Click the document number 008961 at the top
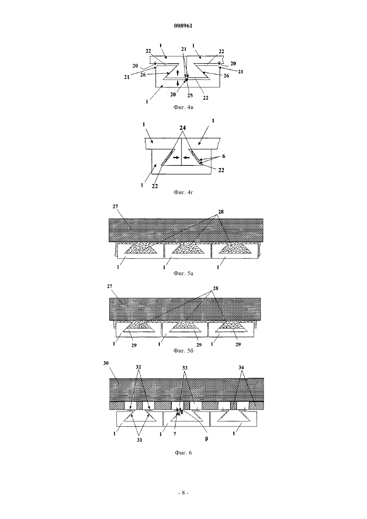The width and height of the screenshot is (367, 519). [x=183, y=26]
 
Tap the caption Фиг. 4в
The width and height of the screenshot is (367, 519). [x=183, y=107]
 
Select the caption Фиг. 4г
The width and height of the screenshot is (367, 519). [x=183, y=192]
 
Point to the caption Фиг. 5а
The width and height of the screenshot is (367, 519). [x=183, y=274]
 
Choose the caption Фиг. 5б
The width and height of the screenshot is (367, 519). [x=183, y=351]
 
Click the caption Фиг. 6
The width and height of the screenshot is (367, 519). [x=183, y=453]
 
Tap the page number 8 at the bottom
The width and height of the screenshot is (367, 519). [x=183, y=493]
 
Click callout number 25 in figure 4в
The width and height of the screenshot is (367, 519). [x=190, y=95]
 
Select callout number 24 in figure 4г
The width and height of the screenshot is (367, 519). [x=182, y=128]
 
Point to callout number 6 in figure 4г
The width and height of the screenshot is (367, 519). [x=224, y=156]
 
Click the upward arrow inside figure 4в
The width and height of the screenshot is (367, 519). [x=178, y=73]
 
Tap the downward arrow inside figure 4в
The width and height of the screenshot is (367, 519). [x=178, y=83]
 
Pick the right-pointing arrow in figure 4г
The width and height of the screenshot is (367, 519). [x=176, y=157]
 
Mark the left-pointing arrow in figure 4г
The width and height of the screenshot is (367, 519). [x=186, y=157]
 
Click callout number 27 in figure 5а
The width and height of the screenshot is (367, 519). [x=115, y=206]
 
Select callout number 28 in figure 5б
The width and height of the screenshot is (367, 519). [x=216, y=289]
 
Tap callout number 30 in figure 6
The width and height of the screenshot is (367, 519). [x=106, y=363]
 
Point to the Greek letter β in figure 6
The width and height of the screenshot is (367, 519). [x=207, y=438]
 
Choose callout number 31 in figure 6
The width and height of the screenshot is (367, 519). [x=139, y=440]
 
